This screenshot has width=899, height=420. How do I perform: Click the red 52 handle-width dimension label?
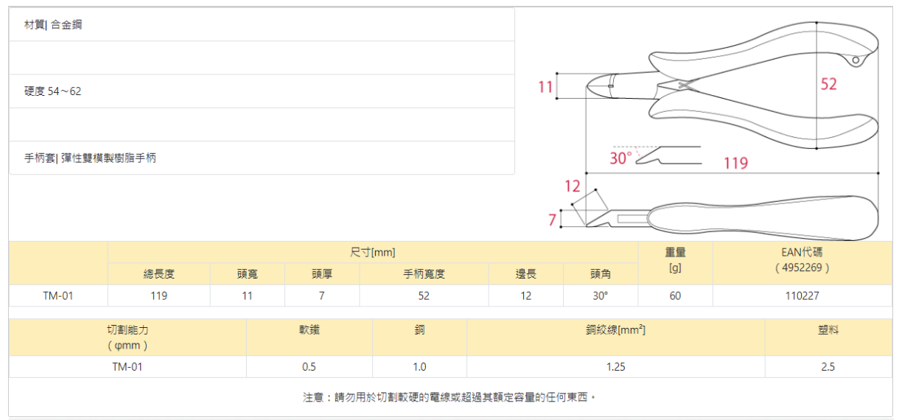pyautogui.click(x=828, y=85)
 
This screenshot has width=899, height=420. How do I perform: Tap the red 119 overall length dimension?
pyautogui.click(x=735, y=163)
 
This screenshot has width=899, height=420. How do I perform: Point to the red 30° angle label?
pyautogui.click(x=621, y=158)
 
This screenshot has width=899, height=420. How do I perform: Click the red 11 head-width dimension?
pyautogui.click(x=545, y=87)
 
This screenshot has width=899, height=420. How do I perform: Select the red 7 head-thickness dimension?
pyautogui.click(x=552, y=219)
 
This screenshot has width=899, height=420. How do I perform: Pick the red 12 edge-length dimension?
pyautogui.click(x=573, y=186)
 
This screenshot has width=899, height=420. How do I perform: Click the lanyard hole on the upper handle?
pyautogui.click(x=856, y=60)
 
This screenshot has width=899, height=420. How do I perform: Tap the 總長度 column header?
pyautogui.click(x=158, y=274)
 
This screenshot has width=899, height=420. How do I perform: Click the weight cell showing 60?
pyautogui.click(x=675, y=296)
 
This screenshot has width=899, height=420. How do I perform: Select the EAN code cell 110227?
pyautogui.click(x=802, y=296)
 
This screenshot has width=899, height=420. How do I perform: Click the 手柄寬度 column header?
pyautogui.click(x=424, y=274)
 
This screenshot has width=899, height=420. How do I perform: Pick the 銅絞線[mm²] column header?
pyautogui.click(x=615, y=330)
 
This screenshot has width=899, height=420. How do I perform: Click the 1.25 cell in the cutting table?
pyautogui.click(x=615, y=367)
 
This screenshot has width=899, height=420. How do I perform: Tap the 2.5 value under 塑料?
pyautogui.click(x=828, y=367)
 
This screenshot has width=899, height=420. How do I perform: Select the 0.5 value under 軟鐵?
pyautogui.click(x=309, y=367)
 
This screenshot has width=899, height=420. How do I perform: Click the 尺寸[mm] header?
pyautogui.click(x=372, y=253)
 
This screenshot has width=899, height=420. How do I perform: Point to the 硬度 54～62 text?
pyautogui.click(x=53, y=91)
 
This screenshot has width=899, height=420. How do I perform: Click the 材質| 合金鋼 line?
pyautogui.click(x=53, y=25)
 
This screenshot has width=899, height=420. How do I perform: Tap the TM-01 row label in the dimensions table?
pyautogui.click(x=58, y=296)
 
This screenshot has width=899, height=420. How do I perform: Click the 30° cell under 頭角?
pyautogui.click(x=600, y=296)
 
